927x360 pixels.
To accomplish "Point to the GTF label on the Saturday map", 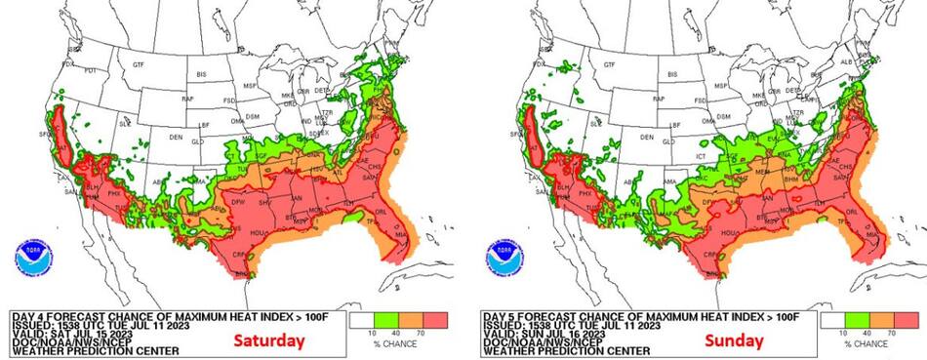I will pyautogui.click(x=139, y=64).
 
